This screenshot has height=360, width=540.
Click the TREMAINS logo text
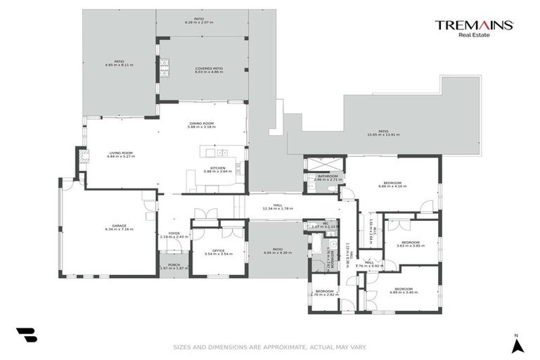[x=474, y=25]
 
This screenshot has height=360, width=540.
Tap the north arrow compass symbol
[x=517, y=345]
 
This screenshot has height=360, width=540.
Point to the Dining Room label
[x=202, y=125]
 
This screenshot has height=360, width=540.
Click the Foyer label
[x=174, y=235]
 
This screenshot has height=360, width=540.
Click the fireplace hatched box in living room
[x=82, y=156]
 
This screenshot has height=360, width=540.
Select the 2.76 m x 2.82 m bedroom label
[x=324, y=292]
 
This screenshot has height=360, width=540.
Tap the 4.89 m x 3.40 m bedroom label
[x=403, y=290]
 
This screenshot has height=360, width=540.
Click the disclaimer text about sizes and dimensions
[x=270, y=347]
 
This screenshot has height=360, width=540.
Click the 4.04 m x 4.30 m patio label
[x=277, y=250]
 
